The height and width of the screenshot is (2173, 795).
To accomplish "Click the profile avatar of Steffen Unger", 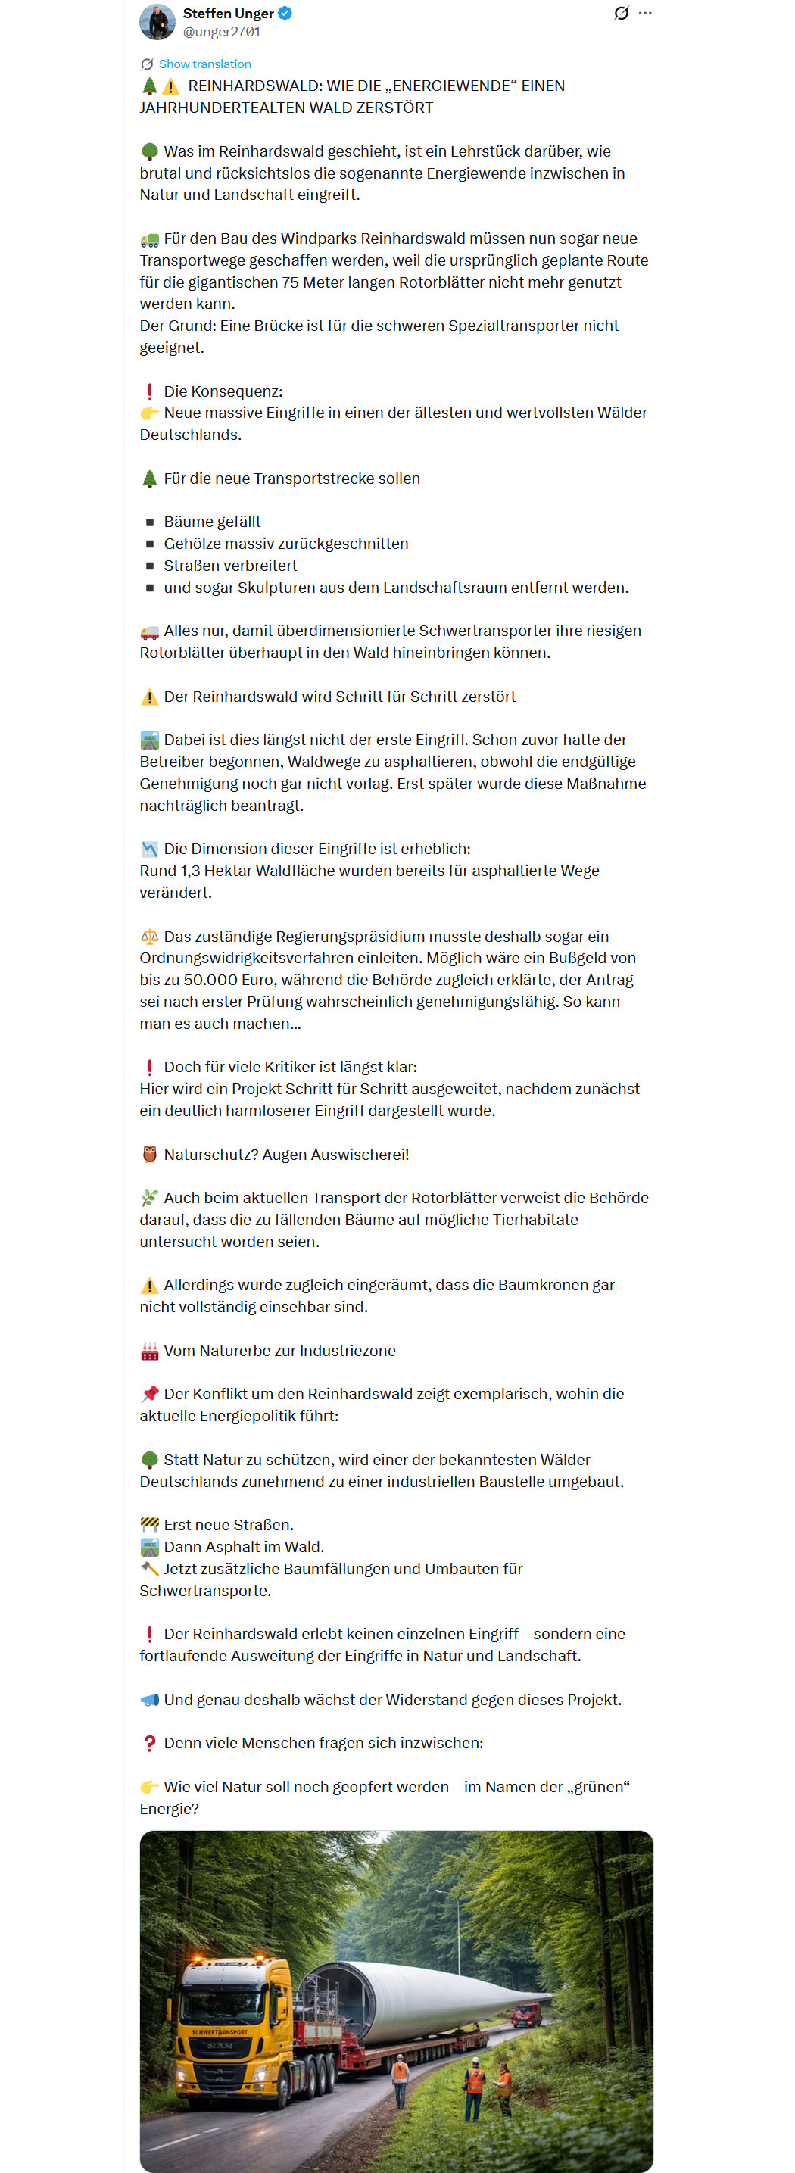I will pyautogui.click(x=157, y=22).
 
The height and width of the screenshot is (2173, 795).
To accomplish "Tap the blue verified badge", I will pyautogui.click(x=285, y=14).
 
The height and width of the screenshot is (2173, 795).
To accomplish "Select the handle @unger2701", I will pyautogui.click(x=221, y=32).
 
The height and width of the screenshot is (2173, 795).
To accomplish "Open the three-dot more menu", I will pyautogui.click(x=646, y=14).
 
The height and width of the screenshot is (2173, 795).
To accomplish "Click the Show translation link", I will pyautogui.click(x=204, y=64).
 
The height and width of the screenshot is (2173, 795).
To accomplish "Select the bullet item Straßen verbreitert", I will pyautogui.click(x=229, y=565).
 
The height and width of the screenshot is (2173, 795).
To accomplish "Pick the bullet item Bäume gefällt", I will pyautogui.click(x=212, y=522).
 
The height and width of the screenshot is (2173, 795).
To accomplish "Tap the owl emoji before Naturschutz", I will pyautogui.click(x=149, y=1154).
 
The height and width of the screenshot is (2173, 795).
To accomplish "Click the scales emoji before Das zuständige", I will pyautogui.click(x=149, y=937).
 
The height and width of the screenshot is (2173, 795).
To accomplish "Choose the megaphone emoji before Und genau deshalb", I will pyautogui.click(x=149, y=1700).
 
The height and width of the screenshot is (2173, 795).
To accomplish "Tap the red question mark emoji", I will pyautogui.click(x=149, y=1743).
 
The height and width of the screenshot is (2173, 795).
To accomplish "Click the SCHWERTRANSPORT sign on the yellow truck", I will pyautogui.click(x=220, y=2031).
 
